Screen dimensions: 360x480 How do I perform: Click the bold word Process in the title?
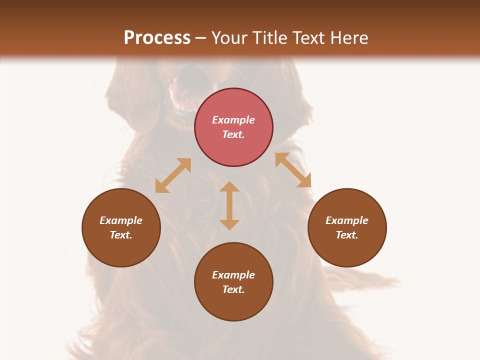[157, 38]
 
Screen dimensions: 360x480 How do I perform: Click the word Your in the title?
[230, 38]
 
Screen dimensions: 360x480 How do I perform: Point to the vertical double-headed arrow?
[229, 206]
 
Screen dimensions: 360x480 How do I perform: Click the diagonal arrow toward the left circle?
[173, 175]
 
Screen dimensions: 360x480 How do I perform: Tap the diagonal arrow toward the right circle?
[293, 170]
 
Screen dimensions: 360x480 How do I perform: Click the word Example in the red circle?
[233, 120]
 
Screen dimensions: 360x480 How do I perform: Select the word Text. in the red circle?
[233, 134]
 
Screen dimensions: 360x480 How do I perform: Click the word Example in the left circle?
[121, 220]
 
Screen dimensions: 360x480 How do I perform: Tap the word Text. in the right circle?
[347, 235]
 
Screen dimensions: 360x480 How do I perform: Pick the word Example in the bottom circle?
[233, 275]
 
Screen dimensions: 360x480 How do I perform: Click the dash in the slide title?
[201, 38]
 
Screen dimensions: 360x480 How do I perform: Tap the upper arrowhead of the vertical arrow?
[229, 187]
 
